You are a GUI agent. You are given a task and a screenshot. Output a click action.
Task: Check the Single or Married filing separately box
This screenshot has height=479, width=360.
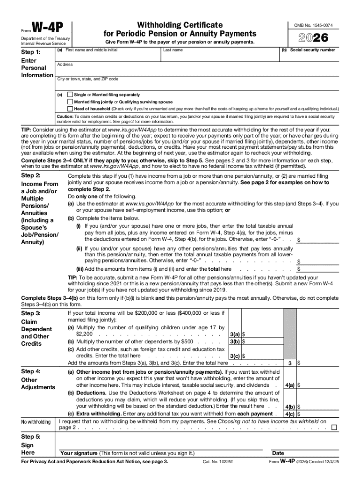click(70, 95)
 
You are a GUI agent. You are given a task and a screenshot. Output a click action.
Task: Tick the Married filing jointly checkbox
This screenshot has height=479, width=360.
click(70, 102)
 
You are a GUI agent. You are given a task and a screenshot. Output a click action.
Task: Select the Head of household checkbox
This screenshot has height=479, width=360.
click(70, 109)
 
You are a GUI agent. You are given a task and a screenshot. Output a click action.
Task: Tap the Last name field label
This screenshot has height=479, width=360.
click(173, 50)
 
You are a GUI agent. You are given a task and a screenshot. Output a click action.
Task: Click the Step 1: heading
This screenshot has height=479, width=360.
click(31, 52)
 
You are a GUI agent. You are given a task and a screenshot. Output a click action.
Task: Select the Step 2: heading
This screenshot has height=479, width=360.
click(31, 175)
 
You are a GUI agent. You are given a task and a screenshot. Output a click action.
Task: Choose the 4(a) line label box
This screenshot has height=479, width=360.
click(289, 385)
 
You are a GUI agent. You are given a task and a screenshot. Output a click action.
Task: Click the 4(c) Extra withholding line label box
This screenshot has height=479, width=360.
click(289, 414)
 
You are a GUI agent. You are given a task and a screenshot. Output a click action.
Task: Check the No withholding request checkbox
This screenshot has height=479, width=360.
click(334, 428)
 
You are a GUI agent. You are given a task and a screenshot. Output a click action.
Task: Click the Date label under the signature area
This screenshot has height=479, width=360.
click(278, 453)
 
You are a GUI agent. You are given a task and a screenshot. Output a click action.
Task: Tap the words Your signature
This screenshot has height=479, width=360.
click(79, 453)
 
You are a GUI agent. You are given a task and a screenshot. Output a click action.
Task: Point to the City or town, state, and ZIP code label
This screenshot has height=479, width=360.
click(87, 79)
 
